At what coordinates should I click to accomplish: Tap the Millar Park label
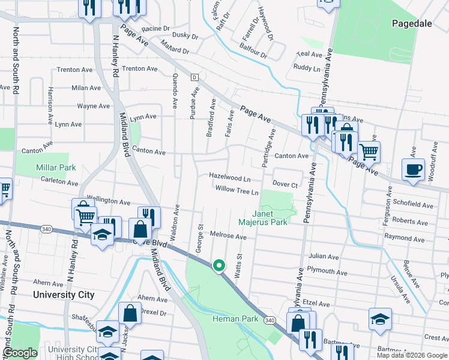coord(56,167)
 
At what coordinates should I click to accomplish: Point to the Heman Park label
coord(235,319)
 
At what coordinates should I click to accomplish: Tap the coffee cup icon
coord(412,170)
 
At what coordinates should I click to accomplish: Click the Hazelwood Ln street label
coord(229,178)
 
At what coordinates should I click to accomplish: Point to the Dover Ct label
coord(285,184)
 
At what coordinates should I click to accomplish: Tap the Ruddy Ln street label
coord(307,68)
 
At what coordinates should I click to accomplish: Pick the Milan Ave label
coord(86,88)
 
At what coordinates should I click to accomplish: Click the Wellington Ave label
coord(109,202)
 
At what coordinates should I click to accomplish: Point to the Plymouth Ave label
coord(327,272)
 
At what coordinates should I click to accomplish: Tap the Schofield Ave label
coord(412,205)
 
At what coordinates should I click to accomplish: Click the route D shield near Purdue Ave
coord(194,77)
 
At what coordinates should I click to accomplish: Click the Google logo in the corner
coord(20,353)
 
